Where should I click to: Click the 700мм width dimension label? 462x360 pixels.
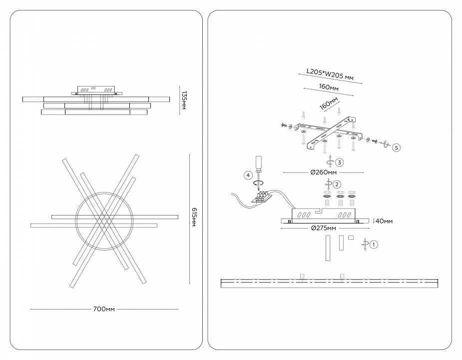click(104, 309)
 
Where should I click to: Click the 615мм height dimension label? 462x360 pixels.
click(194, 217)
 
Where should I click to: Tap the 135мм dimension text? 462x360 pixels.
click(184, 100)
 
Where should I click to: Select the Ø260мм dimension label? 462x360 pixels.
click(323, 172)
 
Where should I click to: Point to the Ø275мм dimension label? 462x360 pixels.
click(323, 228)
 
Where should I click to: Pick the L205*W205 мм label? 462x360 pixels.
click(330, 74)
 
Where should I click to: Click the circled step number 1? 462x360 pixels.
click(374, 244)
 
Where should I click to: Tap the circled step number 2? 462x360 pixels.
click(337, 184)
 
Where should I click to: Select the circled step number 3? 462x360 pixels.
click(340, 162)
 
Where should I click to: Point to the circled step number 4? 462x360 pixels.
click(248, 175)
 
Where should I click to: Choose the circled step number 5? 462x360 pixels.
click(396, 147)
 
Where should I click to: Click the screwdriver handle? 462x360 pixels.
click(259, 162)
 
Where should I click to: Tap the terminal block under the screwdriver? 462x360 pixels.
click(261, 197)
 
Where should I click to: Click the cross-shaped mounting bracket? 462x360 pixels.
click(330, 133)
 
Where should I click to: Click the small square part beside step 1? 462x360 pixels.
click(351, 237)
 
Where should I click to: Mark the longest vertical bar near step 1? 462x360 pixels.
click(328, 248)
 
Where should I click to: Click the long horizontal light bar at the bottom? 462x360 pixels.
click(331, 283)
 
